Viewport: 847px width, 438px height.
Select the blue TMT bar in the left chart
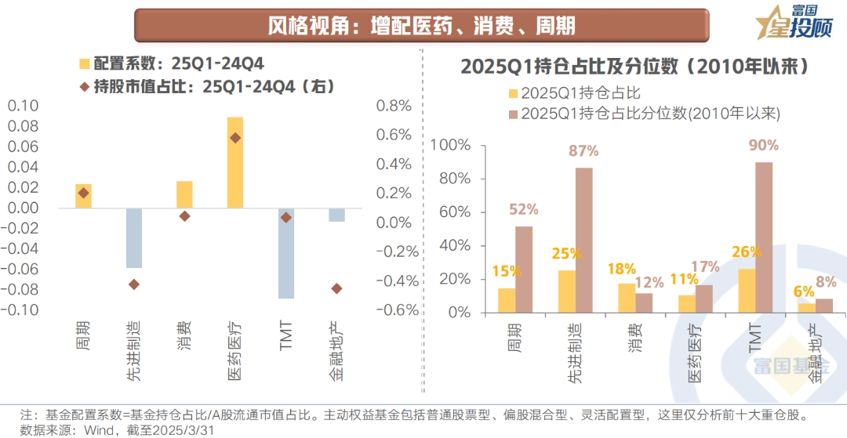(x=286, y=253)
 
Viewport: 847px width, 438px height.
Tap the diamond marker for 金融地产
(x=336, y=288)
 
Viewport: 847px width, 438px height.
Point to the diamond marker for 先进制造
(x=134, y=284)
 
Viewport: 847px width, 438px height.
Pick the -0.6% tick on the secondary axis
(x=399, y=309)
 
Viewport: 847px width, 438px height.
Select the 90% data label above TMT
(x=763, y=145)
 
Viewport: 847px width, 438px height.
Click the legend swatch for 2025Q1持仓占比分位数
(x=514, y=114)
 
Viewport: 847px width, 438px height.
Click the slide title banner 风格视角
(x=421, y=26)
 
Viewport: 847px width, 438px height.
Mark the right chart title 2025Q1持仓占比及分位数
(x=634, y=65)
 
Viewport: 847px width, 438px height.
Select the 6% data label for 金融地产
(x=803, y=291)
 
